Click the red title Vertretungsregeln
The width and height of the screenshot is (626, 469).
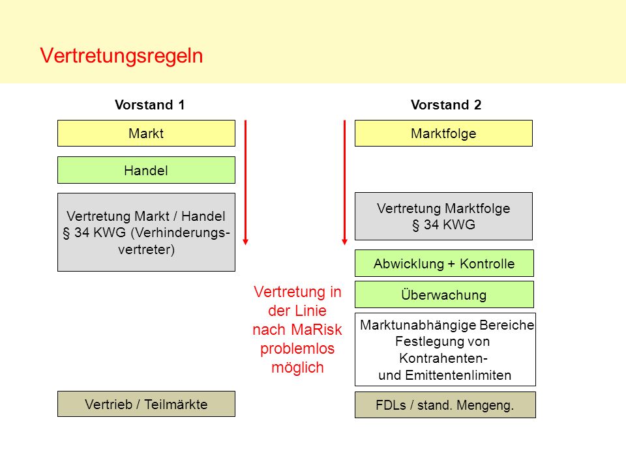121,56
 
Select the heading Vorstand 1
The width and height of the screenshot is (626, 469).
150,105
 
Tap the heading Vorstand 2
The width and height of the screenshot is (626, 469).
446,105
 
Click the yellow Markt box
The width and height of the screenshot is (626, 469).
146,133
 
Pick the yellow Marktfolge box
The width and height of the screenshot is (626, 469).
443,133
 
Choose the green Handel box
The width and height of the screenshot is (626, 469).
146,170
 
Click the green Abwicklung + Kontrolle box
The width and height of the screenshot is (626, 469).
444,263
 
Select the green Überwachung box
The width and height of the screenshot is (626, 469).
444,294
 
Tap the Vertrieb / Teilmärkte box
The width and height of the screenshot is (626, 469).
146,404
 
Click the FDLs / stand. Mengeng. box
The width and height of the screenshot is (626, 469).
445,405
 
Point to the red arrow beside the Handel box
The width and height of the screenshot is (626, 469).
246,182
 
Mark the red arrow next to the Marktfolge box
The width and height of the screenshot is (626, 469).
344,182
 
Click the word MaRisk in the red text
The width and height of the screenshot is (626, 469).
317,330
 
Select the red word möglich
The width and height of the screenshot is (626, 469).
297,367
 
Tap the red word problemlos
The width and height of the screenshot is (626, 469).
297,349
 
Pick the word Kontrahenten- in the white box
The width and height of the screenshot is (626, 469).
443,358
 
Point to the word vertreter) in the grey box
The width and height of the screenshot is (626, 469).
147,249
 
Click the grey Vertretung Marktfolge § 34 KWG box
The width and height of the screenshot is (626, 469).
443,216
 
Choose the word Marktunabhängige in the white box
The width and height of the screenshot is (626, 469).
418,326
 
